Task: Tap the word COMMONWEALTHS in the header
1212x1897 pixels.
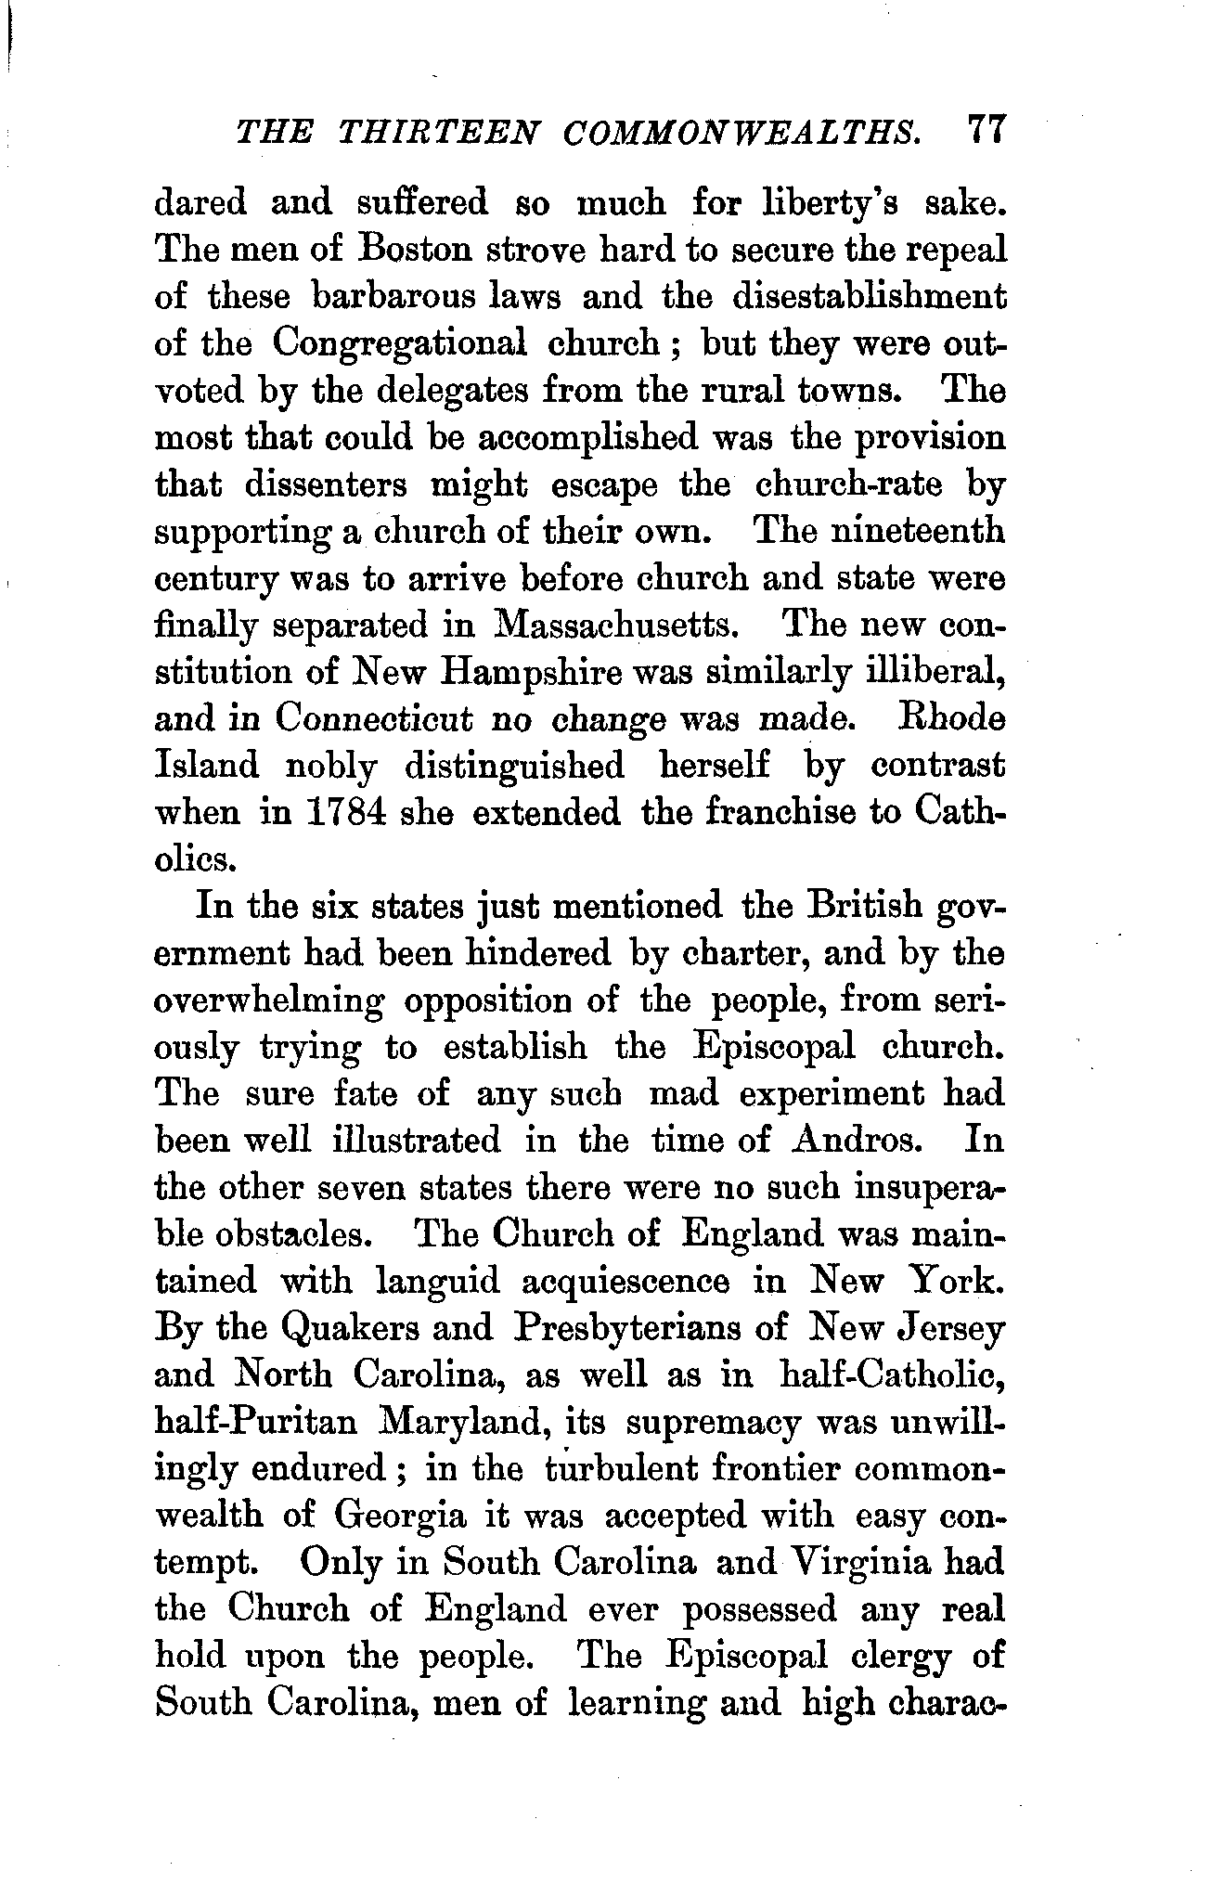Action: coord(742,131)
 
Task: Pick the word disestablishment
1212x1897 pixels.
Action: coord(869,297)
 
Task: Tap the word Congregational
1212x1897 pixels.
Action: coord(399,345)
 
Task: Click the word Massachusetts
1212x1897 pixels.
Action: coord(617,625)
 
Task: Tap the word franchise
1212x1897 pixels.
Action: coord(782,813)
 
